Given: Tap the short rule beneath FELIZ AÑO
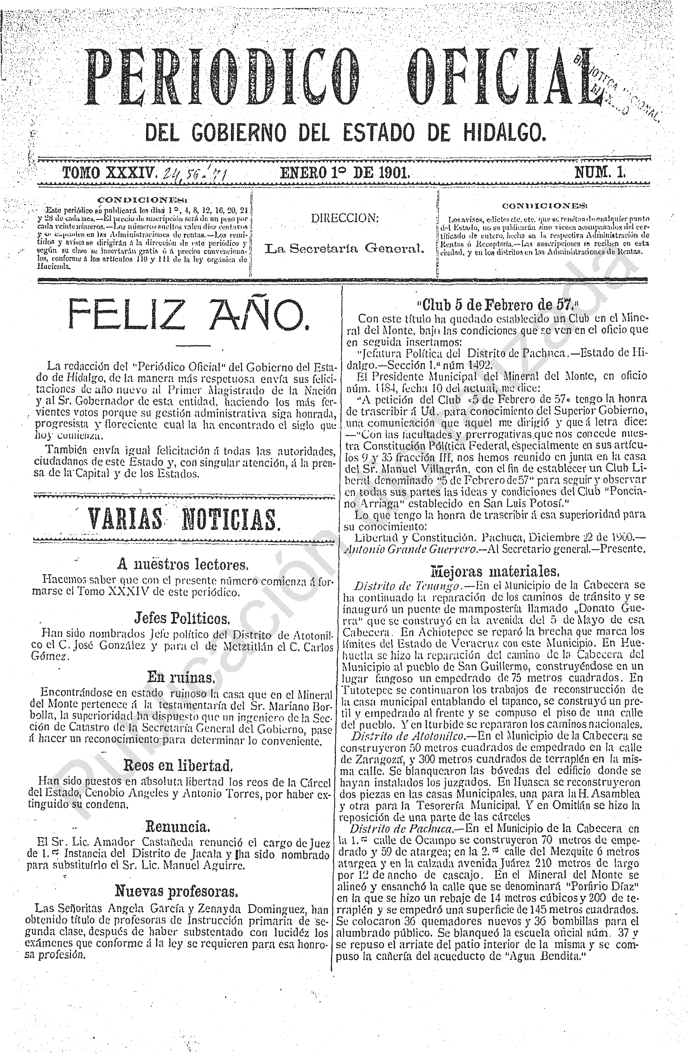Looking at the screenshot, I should pyautogui.click(x=193, y=345).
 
